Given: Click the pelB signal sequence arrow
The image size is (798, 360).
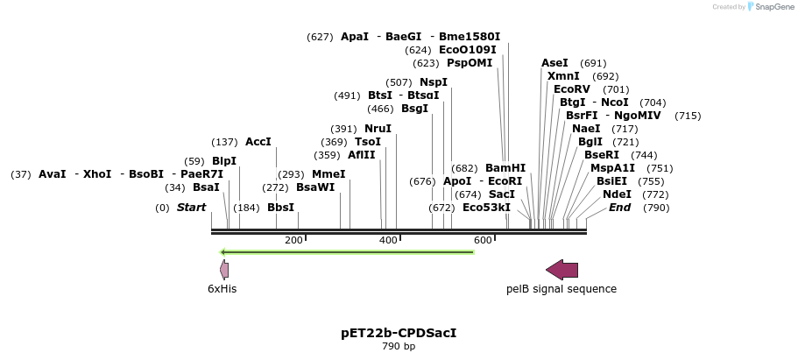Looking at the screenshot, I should coord(561,269).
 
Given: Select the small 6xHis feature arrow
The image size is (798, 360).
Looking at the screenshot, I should coord(224,269).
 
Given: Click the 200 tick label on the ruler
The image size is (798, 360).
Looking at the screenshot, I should coord(293,240).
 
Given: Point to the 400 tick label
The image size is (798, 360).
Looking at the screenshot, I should coord(388,240).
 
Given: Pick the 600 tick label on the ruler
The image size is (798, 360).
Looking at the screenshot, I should coord(483,240).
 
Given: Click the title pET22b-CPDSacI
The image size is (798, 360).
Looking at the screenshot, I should coord(399,333).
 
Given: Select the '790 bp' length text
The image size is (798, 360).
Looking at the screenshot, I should coord(399,347).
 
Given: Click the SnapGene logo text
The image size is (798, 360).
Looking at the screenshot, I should coord(771,7).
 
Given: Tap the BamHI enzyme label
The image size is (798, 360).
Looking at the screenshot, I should coord(505,168).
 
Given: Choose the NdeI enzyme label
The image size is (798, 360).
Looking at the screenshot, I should coord(617,194).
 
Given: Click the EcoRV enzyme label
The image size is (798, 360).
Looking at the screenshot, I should coord(572,89).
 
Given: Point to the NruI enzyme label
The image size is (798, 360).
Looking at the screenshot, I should coord(378,129).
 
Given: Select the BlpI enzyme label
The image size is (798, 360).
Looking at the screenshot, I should coord(224,161).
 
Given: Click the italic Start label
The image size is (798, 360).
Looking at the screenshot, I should coord(191,208).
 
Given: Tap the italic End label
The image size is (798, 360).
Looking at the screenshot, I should coord(619,208).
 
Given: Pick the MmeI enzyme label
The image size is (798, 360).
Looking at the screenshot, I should coord(328,174).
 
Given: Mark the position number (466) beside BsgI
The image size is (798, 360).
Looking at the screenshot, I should coord(380,109).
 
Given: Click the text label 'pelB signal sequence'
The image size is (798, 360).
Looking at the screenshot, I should coord(561,289).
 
